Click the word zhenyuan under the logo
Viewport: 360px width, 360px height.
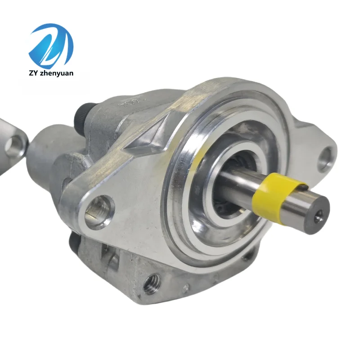[x=57, y=73]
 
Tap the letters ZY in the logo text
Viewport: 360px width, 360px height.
[x=33, y=73]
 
